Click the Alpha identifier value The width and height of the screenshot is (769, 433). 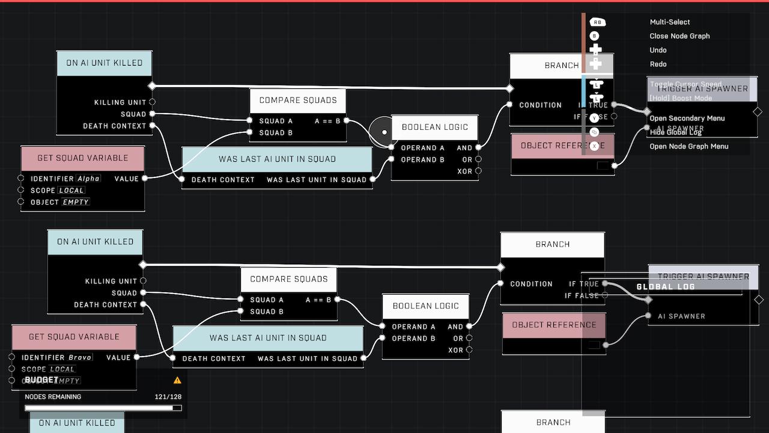[88, 179]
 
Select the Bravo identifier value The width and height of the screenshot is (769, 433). [80, 357]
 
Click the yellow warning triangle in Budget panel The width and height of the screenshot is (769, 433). [177, 380]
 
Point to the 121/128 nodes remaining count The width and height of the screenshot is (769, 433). [168, 397]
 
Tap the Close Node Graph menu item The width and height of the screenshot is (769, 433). [679, 36]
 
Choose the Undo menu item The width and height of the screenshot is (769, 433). [658, 50]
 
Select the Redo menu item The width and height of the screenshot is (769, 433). [658, 64]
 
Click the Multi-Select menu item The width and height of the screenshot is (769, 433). [670, 22]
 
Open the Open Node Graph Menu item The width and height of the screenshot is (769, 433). [688, 146]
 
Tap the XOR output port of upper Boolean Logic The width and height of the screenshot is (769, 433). [478, 171]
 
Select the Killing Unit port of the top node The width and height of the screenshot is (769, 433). [152, 102]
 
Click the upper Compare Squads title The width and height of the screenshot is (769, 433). [298, 100]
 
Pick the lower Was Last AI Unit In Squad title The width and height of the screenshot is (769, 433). [268, 338]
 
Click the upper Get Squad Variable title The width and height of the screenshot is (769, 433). [83, 158]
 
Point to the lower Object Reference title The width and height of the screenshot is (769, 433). [554, 325]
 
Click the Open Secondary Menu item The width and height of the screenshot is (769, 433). [687, 118]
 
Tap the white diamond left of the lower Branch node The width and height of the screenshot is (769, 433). [500, 267]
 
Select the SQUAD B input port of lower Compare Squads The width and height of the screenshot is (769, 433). [241, 311]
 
